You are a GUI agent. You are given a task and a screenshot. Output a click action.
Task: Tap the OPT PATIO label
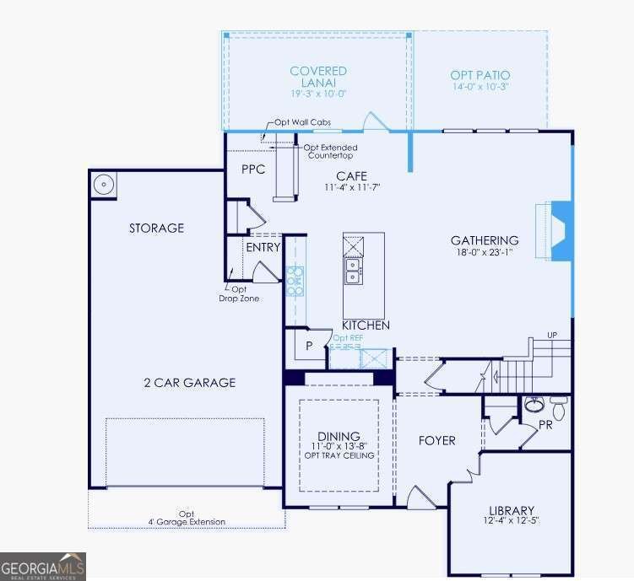coord(480,76)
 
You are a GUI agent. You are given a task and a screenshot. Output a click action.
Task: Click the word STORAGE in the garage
coord(156,228)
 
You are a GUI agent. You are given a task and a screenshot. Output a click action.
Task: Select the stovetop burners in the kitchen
coord(295,280)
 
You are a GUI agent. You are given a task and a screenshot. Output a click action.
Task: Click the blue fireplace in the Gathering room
coord(561,231)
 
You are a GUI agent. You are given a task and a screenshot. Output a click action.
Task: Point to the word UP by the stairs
coord(552,336)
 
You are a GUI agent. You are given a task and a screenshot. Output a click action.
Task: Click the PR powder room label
coord(545,425)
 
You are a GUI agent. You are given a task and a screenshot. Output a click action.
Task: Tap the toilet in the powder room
coord(558,402)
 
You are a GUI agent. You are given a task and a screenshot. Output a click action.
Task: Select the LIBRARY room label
coord(512,510)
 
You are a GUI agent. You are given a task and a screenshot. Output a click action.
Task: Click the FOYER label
coord(437,440)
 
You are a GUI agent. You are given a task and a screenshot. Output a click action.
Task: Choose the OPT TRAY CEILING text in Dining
coord(339,455)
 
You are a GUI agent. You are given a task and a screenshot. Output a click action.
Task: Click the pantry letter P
coord(309,345)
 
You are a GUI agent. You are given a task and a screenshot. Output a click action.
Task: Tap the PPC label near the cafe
coord(253,169)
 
